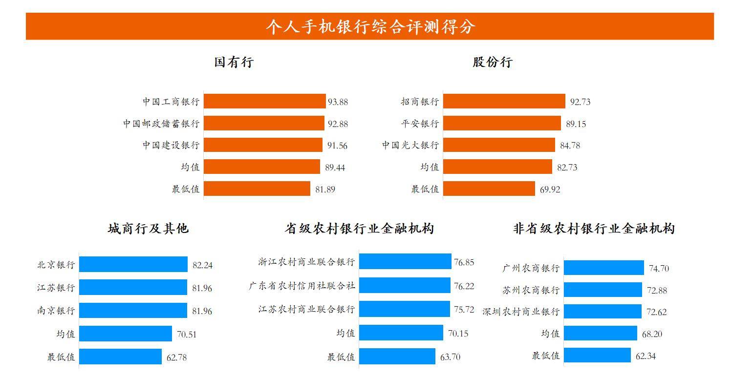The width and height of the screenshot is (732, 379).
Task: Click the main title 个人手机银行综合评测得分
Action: [x=370, y=26]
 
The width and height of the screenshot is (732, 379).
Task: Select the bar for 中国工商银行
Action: [x=264, y=102]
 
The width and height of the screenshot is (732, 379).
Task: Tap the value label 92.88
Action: [x=338, y=124]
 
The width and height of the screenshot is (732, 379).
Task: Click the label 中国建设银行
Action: [x=171, y=146]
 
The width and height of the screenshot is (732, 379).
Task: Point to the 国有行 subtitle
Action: [x=234, y=63]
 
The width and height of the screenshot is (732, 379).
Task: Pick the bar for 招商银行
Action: [x=504, y=102]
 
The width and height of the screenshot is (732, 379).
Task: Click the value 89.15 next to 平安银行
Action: [x=576, y=124]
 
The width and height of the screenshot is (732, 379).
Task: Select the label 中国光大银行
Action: [x=410, y=146]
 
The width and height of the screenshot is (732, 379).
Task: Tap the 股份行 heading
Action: [x=492, y=63]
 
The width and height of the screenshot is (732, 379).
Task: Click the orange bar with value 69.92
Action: [x=489, y=189]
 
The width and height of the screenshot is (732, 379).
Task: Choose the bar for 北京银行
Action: [x=133, y=264]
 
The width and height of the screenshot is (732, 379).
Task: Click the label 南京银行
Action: [x=56, y=311]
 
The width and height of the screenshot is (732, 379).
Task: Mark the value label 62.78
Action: [x=176, y=358]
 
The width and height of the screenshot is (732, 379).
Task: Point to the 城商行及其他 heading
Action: [x=148, y=229]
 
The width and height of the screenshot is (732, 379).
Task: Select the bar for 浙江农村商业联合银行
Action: [x=405, y=261]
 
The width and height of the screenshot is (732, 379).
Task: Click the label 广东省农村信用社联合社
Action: [x=301, y=286]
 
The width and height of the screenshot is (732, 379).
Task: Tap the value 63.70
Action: [x=450, y=357]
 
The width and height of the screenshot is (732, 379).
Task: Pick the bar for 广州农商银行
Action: [x=603, y=268]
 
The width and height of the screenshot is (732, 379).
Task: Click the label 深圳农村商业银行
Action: [x=520, y=312]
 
